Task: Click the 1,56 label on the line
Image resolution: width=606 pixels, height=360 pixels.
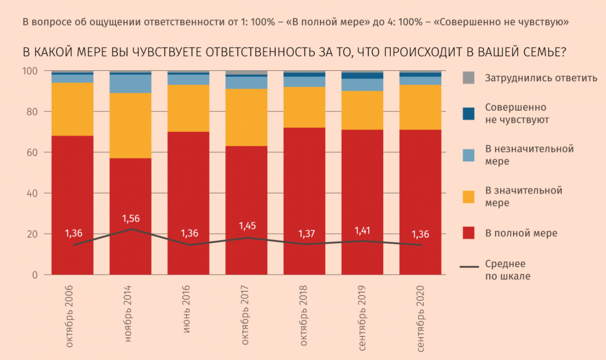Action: [x=131, y=219]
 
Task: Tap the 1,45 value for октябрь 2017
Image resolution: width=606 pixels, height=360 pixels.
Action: [x=247, y=226]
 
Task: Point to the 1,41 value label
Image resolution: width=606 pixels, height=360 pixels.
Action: [x=362, y=231]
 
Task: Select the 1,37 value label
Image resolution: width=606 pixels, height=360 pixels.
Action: [x=306, y=234]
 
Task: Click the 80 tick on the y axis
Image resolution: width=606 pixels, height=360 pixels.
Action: [x=32, y=112]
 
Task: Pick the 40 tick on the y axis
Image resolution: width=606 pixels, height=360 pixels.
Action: [x=32, y=193]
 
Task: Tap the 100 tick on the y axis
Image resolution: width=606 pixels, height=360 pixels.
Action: [x=30, y=71]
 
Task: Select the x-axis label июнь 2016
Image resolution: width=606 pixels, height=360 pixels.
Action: [x=187, y=309]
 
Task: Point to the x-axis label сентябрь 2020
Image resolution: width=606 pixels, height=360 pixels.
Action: [x=420, y=319]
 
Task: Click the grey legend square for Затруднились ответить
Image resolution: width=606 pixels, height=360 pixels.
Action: [x=468, y=78]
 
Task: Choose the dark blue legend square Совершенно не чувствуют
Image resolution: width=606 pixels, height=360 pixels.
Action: [x=468, y=114]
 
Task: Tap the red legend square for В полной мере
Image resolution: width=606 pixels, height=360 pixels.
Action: [x=468, y=233]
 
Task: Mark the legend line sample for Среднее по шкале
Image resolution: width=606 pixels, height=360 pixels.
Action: [x=469, y=267]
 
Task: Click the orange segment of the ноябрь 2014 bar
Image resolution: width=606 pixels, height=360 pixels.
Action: [x=130, y=126]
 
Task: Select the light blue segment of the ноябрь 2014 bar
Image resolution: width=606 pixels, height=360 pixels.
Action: [x=130, y=84]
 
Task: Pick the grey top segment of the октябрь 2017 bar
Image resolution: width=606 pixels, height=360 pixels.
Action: [x=246, y=73]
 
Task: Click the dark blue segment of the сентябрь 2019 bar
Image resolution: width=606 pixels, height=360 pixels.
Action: [x=362, y=76]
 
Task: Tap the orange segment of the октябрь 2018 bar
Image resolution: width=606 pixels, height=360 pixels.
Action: [x=304, y=107]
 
